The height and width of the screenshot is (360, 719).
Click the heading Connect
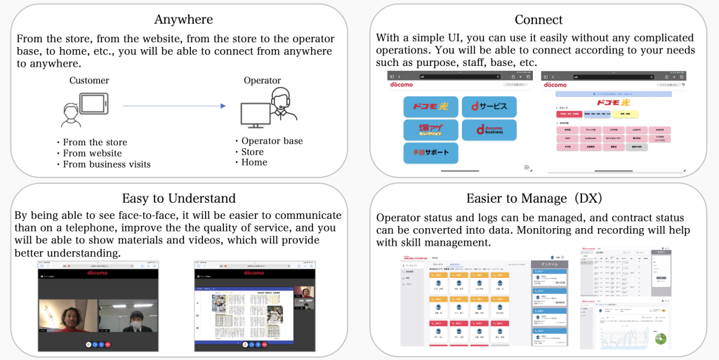[539, 19]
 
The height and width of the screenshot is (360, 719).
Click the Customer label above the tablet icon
[89, 81]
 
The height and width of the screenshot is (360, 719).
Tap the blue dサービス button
[489, 107]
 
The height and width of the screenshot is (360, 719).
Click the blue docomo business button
[489, 130]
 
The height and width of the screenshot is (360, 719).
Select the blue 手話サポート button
[430, 152]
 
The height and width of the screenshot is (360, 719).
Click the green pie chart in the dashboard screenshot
[659, 338]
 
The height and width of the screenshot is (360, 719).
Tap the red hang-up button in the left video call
[107, 345]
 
